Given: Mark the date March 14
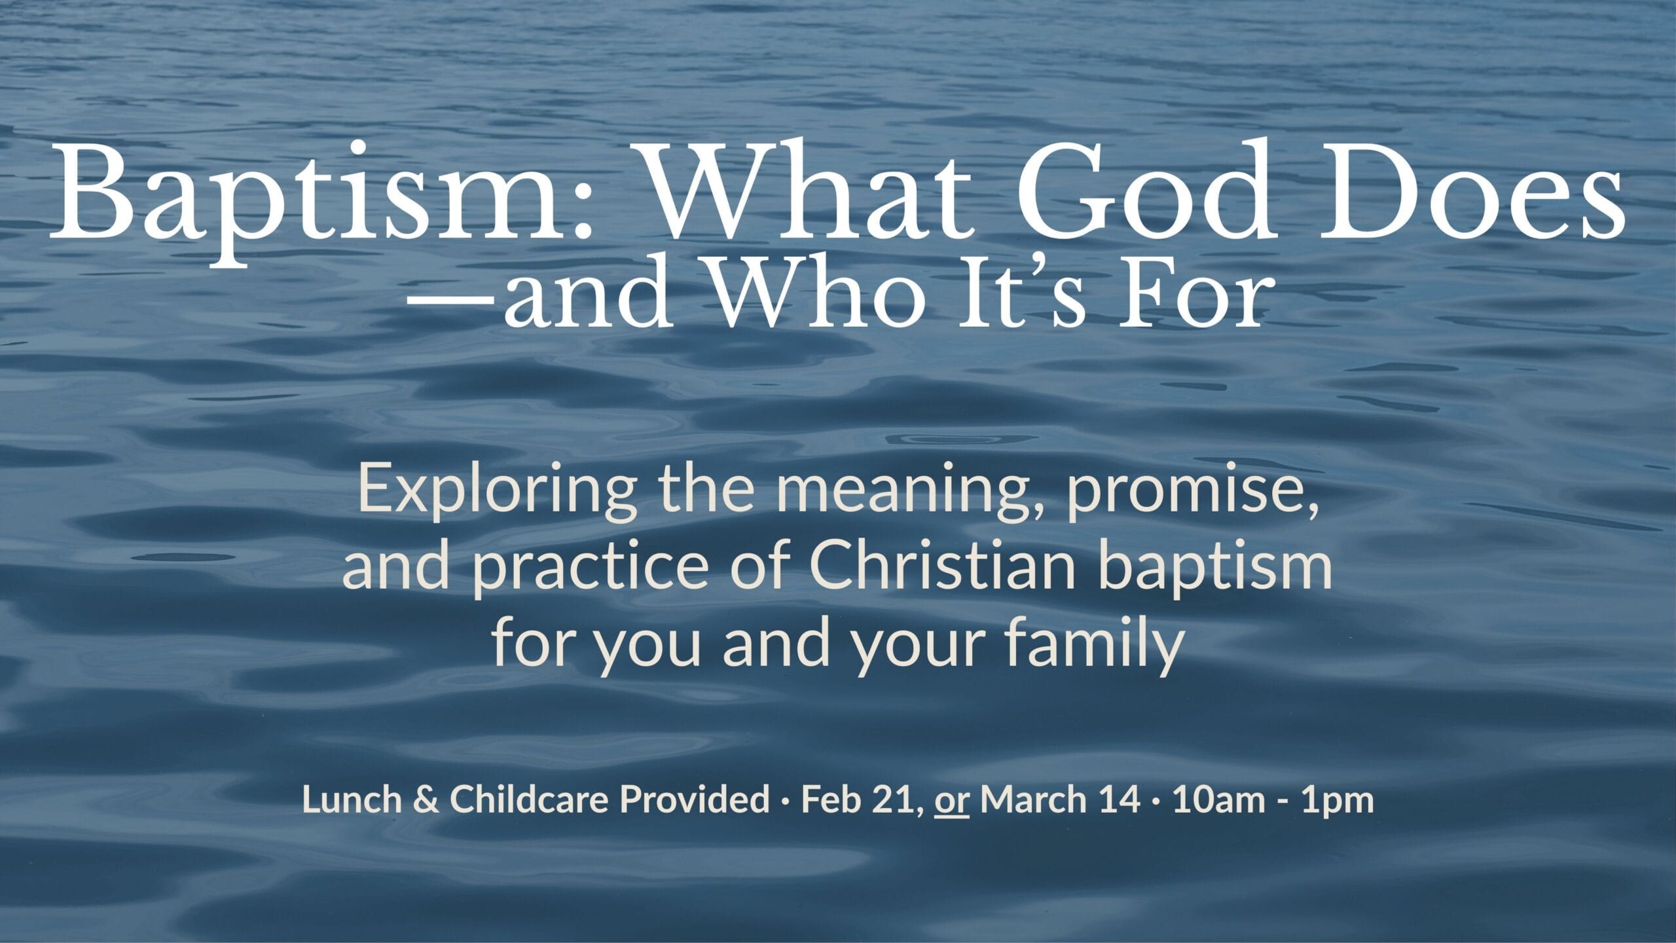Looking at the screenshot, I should pos(1061,800).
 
